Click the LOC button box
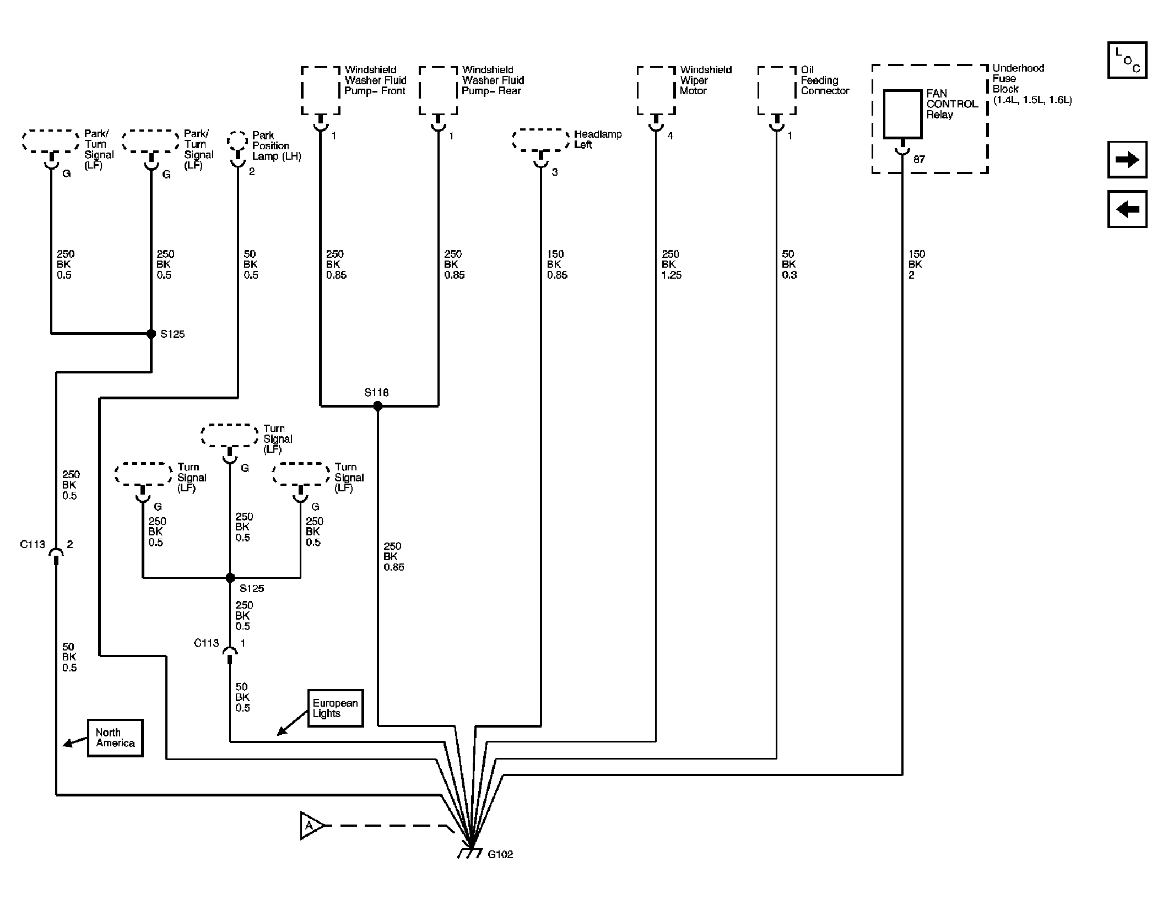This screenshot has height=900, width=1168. click(x=1127, y=59)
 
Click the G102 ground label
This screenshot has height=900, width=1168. click(x=500, y=854)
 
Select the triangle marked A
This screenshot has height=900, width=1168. click(x=311, y=826)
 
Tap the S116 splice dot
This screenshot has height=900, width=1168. click(x=377, y=406)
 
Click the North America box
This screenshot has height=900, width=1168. click(x=115, y=738)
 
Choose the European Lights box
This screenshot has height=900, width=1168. click(x=336, y=708)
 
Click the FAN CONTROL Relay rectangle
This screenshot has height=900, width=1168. click(x=902, y=114)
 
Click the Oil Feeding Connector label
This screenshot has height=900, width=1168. click(x=825, y=80)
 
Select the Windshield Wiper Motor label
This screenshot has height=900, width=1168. click(x=706, y=80)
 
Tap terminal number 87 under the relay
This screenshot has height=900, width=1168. click(x=919, y=159)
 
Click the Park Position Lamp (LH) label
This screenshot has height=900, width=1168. click(x=277, y=145)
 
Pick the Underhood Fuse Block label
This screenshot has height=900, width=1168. click(x=1032, y=84)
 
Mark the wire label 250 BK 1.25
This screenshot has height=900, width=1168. click(x=671, y=264)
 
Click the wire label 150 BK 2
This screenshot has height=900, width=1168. click(x=917, y=264)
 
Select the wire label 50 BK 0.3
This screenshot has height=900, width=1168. click(x=789, y=264)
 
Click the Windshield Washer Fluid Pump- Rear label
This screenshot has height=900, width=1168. click(x=493, y=80)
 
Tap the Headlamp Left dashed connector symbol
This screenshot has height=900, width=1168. click(x=541, y=140)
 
